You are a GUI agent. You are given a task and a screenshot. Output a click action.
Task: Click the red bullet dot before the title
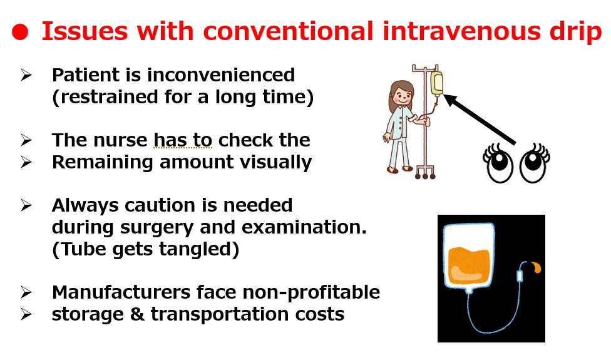tap(20, 32)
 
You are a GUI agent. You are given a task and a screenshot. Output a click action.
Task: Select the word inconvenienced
tap(221, 75)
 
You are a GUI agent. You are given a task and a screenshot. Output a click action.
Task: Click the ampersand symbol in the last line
tap(136, 314)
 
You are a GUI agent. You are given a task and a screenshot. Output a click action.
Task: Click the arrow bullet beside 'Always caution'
tap(26, 205)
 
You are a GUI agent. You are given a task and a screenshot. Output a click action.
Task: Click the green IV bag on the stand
tap(436, 83)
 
